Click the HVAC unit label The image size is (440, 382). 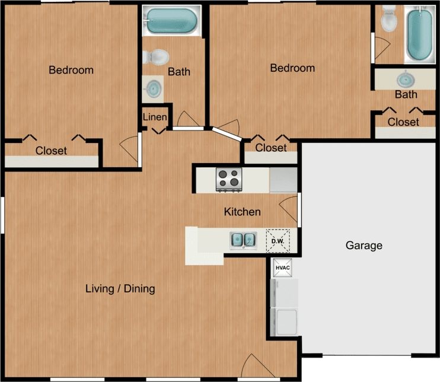282,268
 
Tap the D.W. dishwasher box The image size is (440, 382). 276,240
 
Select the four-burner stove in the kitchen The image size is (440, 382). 229,179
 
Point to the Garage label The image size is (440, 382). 364,246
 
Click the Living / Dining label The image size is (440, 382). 120,289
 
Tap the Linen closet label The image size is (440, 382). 155,117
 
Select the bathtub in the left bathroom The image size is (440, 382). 171,21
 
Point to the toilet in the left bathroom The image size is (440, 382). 157,56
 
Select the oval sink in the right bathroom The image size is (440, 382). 406,78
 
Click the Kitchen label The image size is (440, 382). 242,212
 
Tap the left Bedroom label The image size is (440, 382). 71,70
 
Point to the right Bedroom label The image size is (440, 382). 292,68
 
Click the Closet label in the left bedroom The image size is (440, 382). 51,151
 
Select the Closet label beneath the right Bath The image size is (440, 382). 403,122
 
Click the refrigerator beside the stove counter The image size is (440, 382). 283,179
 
